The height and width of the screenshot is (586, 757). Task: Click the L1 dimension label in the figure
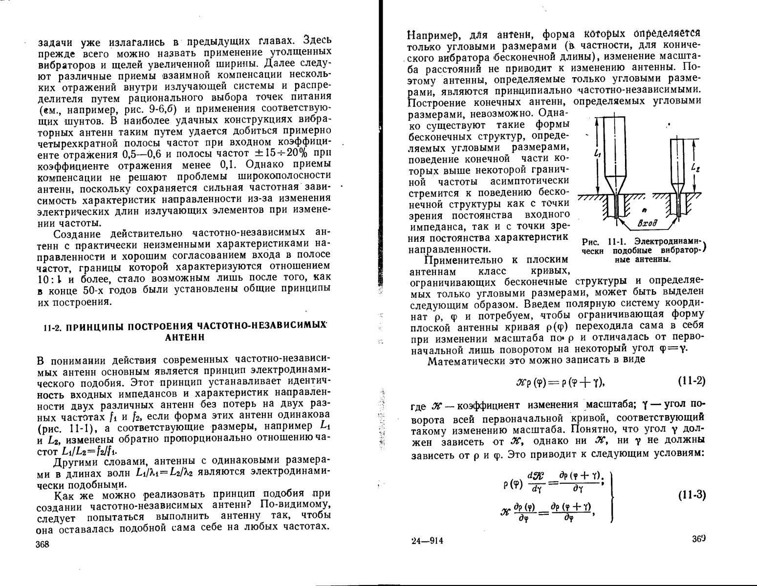click(597, 153)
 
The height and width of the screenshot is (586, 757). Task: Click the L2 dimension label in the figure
click(696, 167)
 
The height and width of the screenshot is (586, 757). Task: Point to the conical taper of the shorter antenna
click(678, 188)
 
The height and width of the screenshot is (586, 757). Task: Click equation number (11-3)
click(692, 495)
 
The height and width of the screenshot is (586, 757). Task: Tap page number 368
click(43, 545)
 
